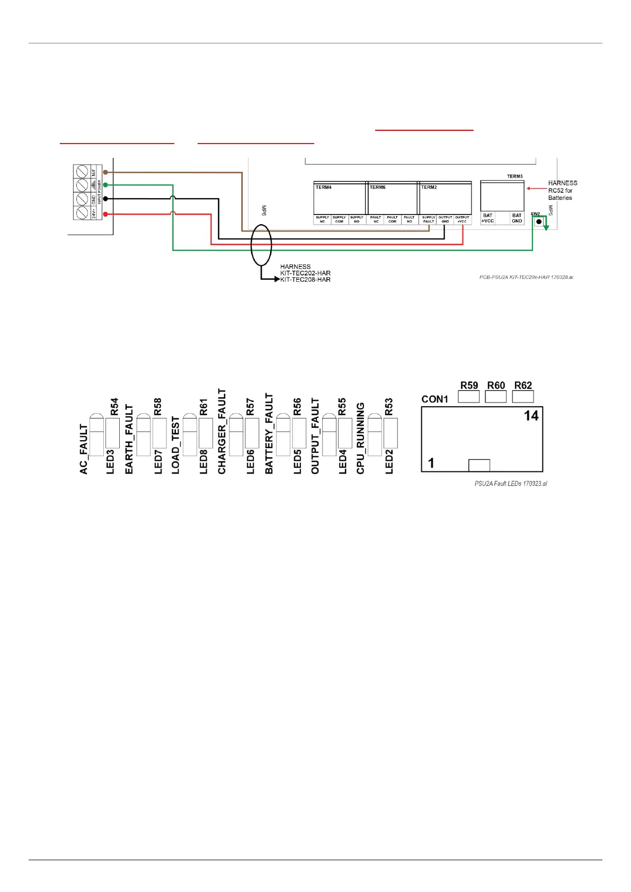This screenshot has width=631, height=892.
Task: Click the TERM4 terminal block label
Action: pos(324,188)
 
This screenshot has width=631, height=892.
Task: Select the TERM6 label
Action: pos(378,188)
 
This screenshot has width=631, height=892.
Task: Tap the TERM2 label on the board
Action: pos(429,188)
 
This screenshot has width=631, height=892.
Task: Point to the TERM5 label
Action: pos(514,176)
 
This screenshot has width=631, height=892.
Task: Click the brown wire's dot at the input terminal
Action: pos(105,172)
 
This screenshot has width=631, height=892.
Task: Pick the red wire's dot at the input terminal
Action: pos(105,214)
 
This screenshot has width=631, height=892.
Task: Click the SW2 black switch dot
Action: pos(539,222)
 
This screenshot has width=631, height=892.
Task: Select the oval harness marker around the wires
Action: pos(261,245)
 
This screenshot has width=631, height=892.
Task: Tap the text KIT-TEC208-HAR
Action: pos(306,280)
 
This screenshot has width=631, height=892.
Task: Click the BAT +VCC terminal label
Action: pos(487,218)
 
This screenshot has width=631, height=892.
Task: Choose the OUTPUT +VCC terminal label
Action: pos(462,219)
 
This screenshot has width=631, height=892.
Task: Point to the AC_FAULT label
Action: pos(84,449)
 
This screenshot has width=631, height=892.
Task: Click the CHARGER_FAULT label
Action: pos(222,431)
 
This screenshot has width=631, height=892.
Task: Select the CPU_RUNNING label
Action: pos(361,438)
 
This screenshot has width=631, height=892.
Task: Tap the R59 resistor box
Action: pos(468,396)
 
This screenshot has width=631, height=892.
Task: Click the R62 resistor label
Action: pos(523,386)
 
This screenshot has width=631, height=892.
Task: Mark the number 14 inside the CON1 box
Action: pos(531,416)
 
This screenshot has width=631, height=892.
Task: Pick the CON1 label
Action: pos(435,399)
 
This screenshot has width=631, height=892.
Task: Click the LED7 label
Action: pos(158,461)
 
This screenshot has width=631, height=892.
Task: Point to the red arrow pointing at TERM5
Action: pos(536,189)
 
